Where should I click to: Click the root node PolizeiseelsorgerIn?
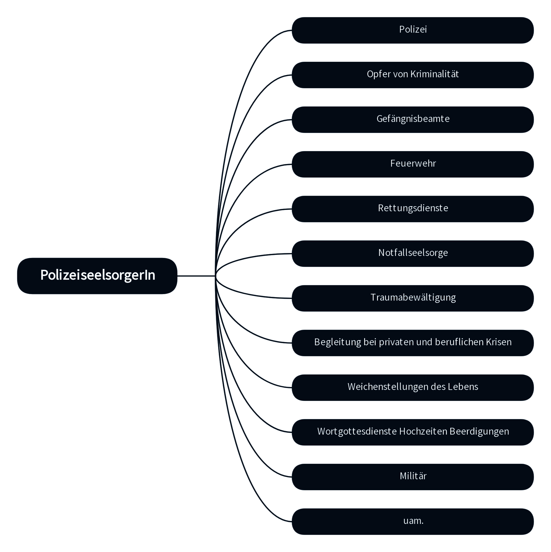coord(97,276)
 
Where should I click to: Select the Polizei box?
coord(413,30)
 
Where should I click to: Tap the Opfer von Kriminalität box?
coord(413,75)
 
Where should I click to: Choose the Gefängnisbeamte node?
coord(413,119)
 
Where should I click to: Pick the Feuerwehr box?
coord(413,164)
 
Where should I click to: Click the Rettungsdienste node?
coord(413,209)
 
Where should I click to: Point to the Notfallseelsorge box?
coord(413,253)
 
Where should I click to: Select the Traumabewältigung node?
coord(413,298)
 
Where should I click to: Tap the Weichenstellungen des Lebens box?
coord(413,387)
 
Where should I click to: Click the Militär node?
coord(413,477)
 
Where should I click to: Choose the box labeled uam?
coord(413,522)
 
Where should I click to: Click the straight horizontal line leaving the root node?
coord(196,276)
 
